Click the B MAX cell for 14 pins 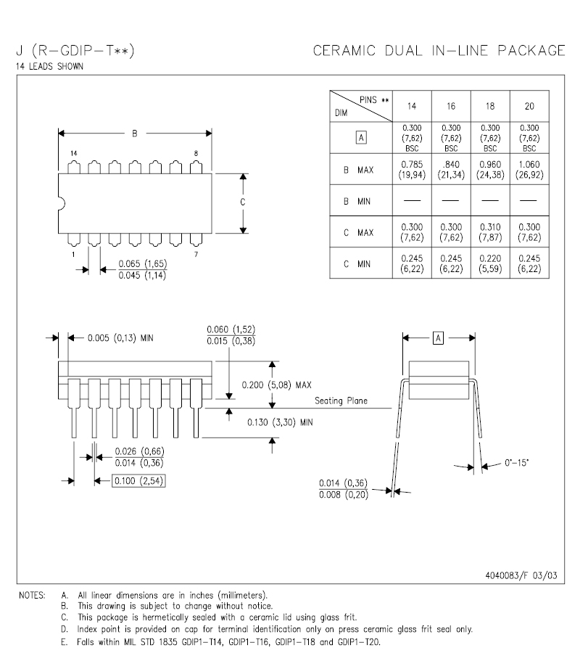click(x=412, y=170)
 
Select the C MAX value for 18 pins click(x=490, y=232)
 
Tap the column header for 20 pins click(x=529, y=106)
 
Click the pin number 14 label click(x=74, y=153)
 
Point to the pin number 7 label click(x=196, y=254)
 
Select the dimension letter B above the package click(x=135, y=134)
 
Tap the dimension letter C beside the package click(x=243, y=202)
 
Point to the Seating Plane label click(x=341, y=401)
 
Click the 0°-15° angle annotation click(x=516, y=463)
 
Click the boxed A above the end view click(x=439, y=338)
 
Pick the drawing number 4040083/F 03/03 click(x=521, y=575)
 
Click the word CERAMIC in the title click(x=344, y=51)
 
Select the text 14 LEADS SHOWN click(x=50, y=66)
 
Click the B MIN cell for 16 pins click(x=451, y=200)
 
